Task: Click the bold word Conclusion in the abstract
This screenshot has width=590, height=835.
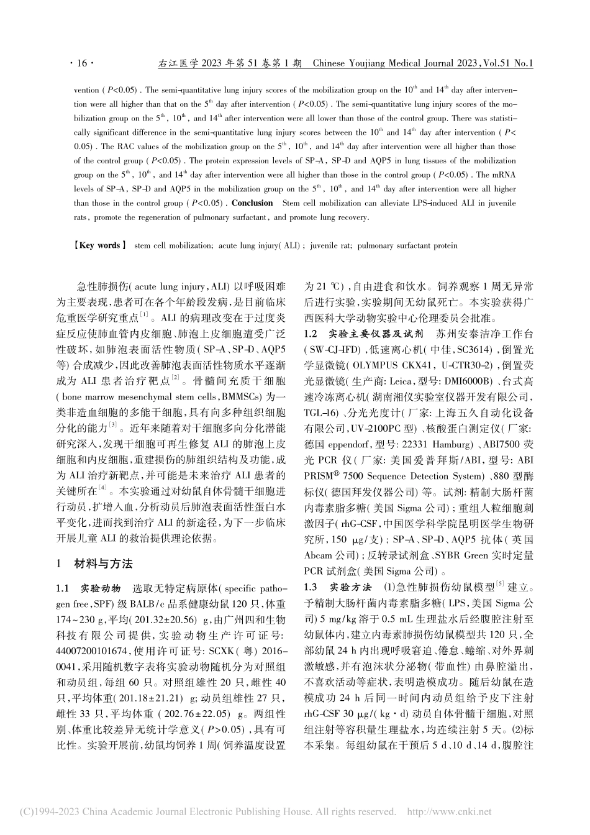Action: (x=252, y=203)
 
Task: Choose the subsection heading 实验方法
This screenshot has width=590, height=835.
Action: (x=350, y=587)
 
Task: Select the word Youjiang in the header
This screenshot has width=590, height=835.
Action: (x=372, y=63)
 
